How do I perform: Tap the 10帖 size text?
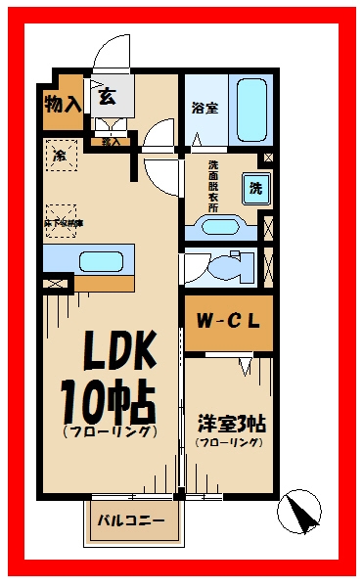point(108,399)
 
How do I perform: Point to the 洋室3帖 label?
point(231,425)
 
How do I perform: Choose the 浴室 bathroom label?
point(205,109)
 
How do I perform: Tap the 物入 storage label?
point(62,102)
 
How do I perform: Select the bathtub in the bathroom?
point(253,107)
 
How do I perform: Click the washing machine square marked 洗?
point(254,187)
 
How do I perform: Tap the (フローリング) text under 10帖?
point(109,431)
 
